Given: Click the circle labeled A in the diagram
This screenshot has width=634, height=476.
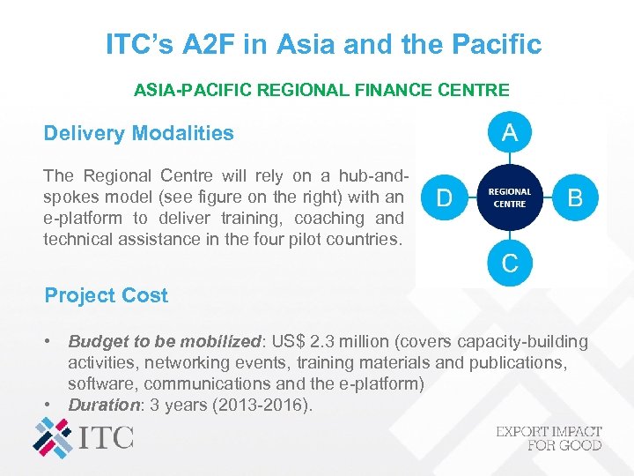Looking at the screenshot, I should (509, 134).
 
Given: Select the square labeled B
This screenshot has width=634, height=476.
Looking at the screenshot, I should (575, 197).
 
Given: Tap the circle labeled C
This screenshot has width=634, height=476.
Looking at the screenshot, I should (509, 262).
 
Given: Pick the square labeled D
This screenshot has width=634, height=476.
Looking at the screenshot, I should (445, 197).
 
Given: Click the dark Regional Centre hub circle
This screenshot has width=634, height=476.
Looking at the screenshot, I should (509, 197).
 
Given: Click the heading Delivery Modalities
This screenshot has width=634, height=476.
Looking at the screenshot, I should (139, 134).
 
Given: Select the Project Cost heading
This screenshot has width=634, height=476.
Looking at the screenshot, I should (106, 295).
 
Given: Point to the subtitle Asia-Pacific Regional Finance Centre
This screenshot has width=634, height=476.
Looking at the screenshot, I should (321, 90).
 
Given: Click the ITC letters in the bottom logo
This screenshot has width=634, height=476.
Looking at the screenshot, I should (107, 435).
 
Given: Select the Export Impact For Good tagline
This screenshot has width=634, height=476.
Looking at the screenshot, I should (549, 438).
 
